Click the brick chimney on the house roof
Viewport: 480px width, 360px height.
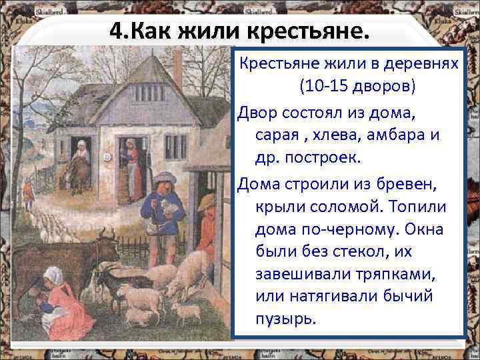tap(177, 67)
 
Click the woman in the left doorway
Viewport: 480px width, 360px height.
tap(79, 163)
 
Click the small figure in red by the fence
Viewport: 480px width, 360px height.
tap(28, 193)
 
